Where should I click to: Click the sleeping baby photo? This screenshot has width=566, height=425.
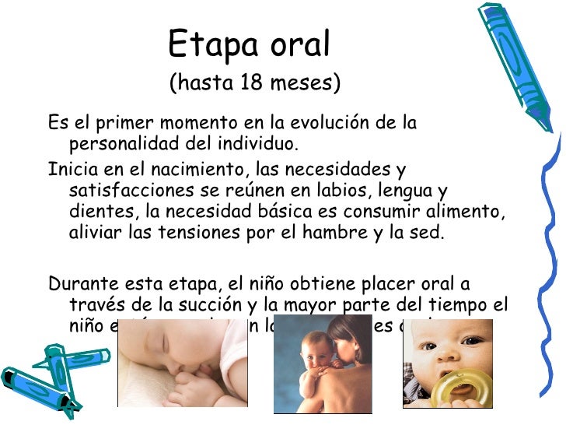(182, 363)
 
